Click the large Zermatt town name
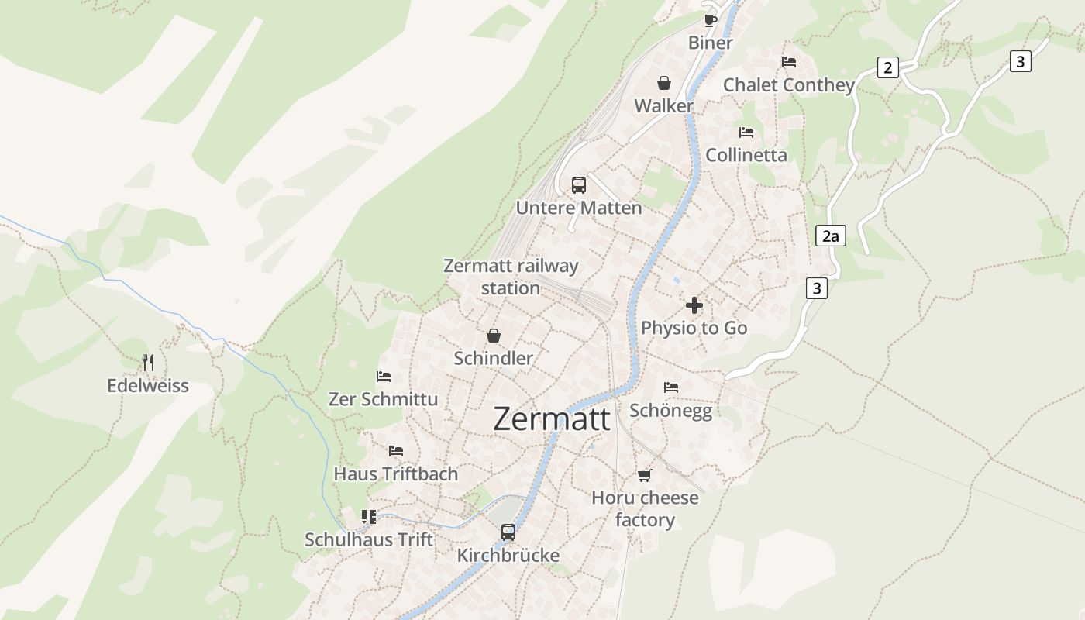[x=551, y=419]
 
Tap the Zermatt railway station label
[x=511, y=277]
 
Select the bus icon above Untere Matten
[x=579, y=184]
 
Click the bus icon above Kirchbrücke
[x=508, y=532]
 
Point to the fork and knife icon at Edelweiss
[x=148, y=362]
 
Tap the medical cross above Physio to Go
[x=694, y=305]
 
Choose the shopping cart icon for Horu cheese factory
[x=644, y=475]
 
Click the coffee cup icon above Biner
[x=710, y=20]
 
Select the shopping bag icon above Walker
[x=664, y=83]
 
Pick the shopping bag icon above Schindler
[x=493, y=336]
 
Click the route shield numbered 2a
[x=830, y=236]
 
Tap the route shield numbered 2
[x=887, y=67]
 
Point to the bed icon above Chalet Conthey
[x=789, y=62]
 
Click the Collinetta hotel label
[x=746, y=155]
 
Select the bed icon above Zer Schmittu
[x=384, y=377]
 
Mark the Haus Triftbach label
[x=395, y=474]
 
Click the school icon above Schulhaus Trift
[x=369, y=516]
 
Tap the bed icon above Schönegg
[x=671, y=387]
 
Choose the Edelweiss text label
[x=147, y=385]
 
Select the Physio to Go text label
[x=694, y=328]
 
